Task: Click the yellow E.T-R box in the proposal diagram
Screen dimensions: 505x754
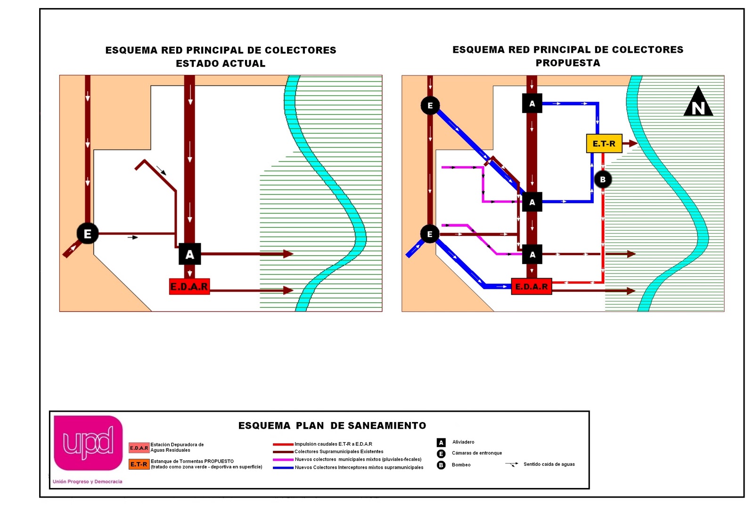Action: pos(604,143)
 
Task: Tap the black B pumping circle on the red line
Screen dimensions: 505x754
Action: pos(603,180)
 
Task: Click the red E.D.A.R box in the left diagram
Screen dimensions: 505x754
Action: pos(189,286)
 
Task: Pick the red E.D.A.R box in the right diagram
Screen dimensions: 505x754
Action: pos(531,286)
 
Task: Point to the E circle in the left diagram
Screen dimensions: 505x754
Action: pos(88,233)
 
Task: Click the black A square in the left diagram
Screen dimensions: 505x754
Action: pos(189,254)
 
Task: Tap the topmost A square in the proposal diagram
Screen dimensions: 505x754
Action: pos(532,103)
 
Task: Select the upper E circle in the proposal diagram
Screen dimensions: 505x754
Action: pos(430,105)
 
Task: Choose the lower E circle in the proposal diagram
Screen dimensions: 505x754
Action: pos(429,234)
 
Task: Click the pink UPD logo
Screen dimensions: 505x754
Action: pos(88,443)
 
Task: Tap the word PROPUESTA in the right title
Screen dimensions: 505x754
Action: pos(568,63)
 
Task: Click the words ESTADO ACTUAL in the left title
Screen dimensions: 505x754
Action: pos(221,63)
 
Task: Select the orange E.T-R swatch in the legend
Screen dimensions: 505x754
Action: pos(139,464)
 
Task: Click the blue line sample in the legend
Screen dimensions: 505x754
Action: pos(283,468)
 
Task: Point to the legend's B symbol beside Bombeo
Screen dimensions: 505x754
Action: pos(441,465)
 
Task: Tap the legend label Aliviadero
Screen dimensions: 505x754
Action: pos(463,442)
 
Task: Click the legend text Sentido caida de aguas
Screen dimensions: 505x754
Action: pos(549,464)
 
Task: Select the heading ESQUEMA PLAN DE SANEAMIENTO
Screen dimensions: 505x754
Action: pos(332,426)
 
